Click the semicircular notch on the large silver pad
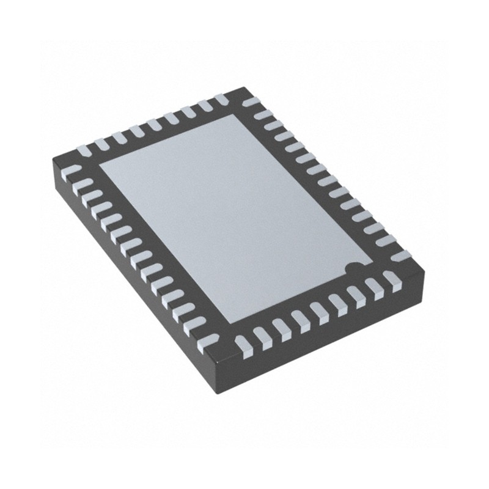coord(353,267)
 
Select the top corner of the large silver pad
coord(233,114)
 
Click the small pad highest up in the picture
coord(221,98)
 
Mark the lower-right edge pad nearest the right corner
coord(392,280)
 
